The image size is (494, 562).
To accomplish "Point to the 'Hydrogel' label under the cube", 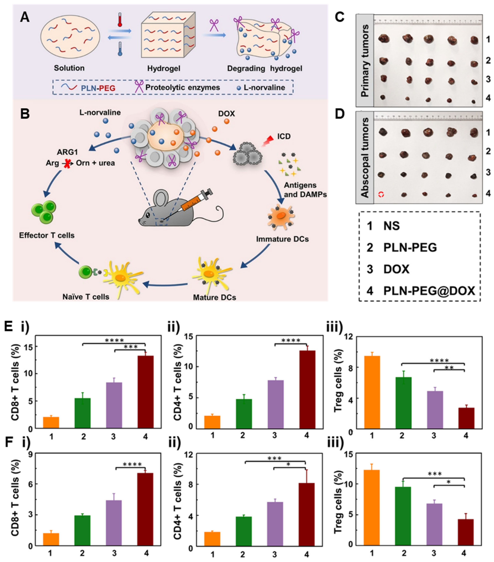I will click(x=163, y=68).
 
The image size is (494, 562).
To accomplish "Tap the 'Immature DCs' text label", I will click(x=282, y=239).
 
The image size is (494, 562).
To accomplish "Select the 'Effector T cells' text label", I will click(x=47, y=235).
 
